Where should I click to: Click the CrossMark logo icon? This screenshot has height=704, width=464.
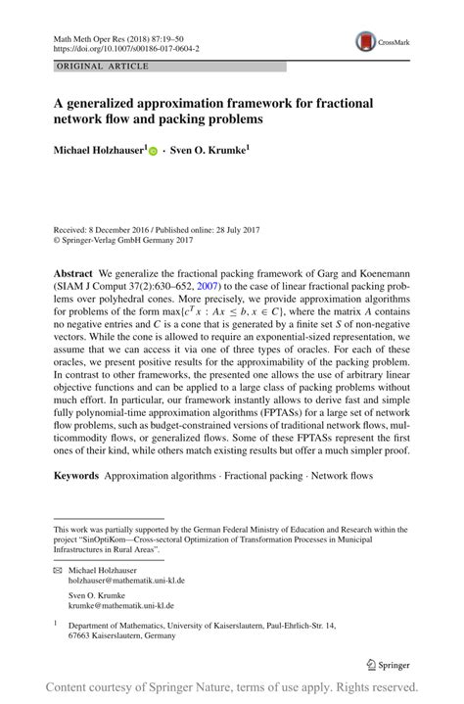coord(365,40)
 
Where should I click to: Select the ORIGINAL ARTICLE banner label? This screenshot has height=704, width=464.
coord(103,67)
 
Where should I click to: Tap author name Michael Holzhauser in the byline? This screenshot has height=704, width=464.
coord(99,151)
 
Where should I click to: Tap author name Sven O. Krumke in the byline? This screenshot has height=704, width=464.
coord(207,151)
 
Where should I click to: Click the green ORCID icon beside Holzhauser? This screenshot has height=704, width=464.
coord(153,152)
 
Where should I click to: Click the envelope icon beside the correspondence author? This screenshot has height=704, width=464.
coord(57,569)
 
